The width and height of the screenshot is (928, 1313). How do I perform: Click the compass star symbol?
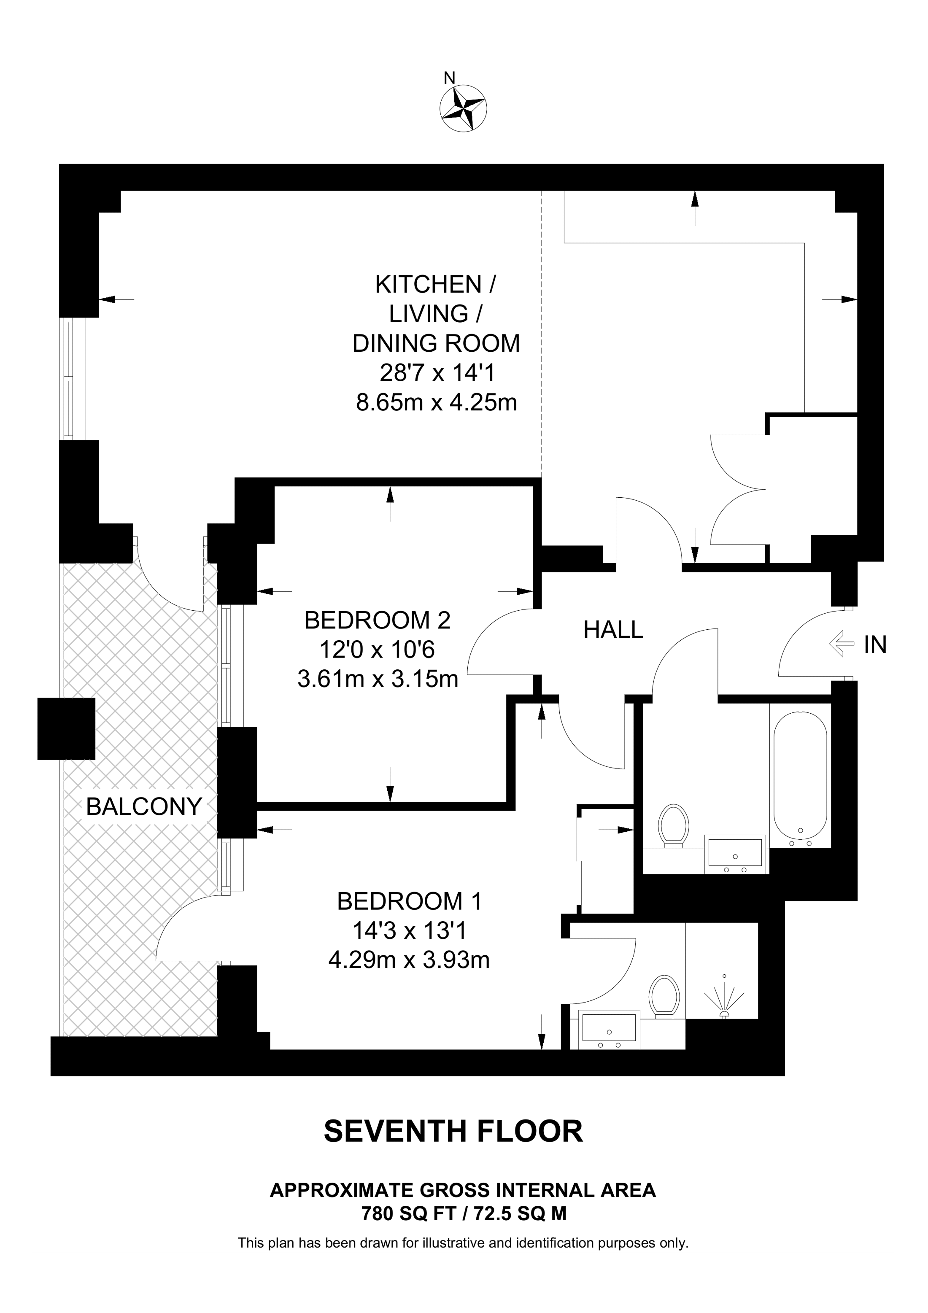[x=463, y=109]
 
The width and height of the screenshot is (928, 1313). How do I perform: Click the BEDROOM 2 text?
[x=378, y=620]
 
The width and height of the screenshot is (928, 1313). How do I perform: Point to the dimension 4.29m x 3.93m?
[x=409, y=960]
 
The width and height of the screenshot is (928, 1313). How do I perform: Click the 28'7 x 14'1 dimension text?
[x=437, y=373]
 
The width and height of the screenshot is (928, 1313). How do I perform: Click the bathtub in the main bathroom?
[x=800, y=776]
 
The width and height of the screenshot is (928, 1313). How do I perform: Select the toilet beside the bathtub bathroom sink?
[x=673, y=826]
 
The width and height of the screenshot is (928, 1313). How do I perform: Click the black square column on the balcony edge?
[x=66, y=728]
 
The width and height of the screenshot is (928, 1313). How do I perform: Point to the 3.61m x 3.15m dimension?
[x=378, y=680]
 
